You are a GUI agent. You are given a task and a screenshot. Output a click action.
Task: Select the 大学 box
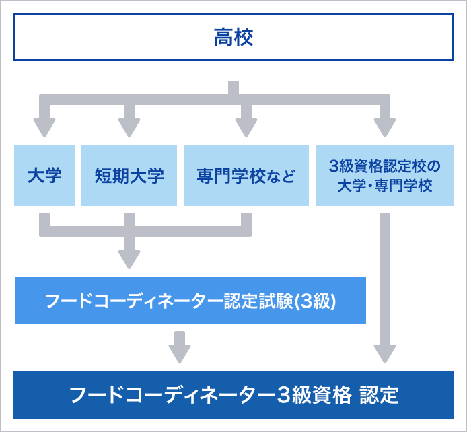44,176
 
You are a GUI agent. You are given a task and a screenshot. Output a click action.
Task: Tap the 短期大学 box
129,176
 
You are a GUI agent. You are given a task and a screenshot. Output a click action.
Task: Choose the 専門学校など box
246,176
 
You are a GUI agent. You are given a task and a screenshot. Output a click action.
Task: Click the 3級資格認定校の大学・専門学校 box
385,176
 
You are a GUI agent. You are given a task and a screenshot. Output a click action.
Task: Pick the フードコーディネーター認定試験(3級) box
190,300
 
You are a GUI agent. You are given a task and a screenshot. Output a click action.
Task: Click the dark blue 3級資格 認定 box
233,394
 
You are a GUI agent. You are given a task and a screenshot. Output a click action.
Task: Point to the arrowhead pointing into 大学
44,127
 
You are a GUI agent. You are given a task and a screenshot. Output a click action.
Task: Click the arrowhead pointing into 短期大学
129,127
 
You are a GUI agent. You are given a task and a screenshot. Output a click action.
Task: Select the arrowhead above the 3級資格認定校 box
385,127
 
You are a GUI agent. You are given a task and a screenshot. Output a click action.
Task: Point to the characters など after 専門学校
284,177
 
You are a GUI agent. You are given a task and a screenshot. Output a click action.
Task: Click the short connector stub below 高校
233,88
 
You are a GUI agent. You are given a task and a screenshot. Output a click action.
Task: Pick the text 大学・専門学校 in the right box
385,185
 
